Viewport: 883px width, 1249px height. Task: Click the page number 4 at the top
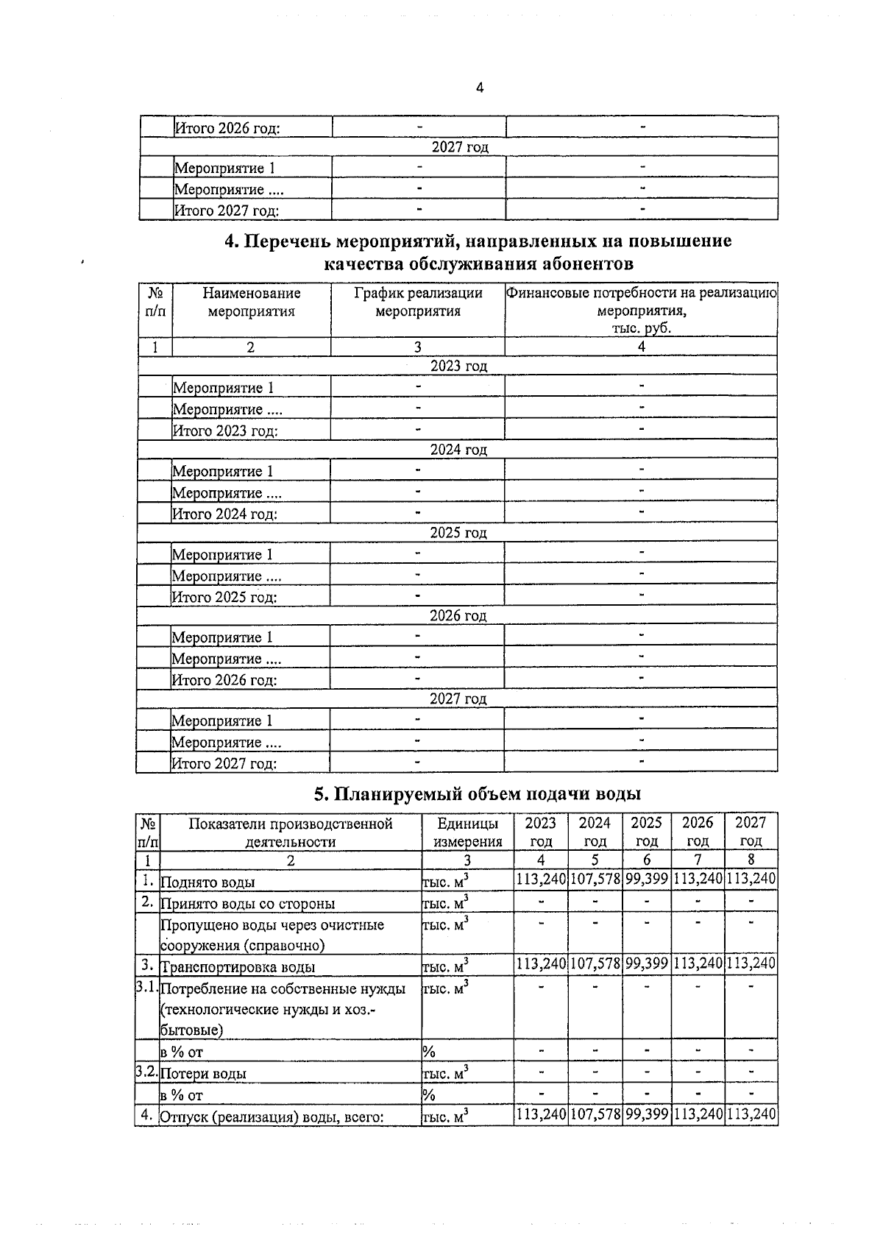(480, 88)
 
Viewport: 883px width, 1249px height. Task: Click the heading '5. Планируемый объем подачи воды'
(478, 793)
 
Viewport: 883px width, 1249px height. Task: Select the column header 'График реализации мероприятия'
(418, 302)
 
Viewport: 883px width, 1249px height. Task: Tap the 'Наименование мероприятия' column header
(251, 302)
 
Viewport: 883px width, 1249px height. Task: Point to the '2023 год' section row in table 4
(458, 366)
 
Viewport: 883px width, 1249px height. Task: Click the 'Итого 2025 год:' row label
(224, 597)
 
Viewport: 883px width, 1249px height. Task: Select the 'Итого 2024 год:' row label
(224, 514)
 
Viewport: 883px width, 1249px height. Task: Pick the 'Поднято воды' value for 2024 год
(595, 879)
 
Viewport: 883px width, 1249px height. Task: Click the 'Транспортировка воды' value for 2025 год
(647, 963)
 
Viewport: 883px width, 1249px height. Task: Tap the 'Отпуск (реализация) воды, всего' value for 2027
(751, 1114)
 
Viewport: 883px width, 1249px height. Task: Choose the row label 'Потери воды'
(204, 1074)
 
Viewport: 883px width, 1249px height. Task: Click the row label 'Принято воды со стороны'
(248, 904)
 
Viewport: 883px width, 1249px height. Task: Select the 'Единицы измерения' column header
(467, 832)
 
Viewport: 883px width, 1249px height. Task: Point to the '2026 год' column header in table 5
(698, 832)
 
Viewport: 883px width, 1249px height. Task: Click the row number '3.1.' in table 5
(146, 988)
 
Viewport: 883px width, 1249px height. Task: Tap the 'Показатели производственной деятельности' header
(291, 832)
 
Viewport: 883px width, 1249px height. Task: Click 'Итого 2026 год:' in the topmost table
(227, 128)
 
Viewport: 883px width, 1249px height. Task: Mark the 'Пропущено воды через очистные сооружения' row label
(272, 935)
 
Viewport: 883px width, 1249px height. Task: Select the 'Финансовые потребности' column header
(641, 310)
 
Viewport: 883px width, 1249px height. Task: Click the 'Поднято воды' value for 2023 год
(541, 879)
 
